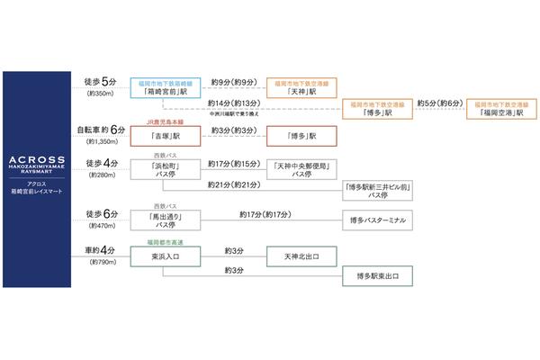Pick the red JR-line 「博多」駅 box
301,136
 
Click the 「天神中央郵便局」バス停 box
301,170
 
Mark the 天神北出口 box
301,256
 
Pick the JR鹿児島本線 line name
166,119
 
